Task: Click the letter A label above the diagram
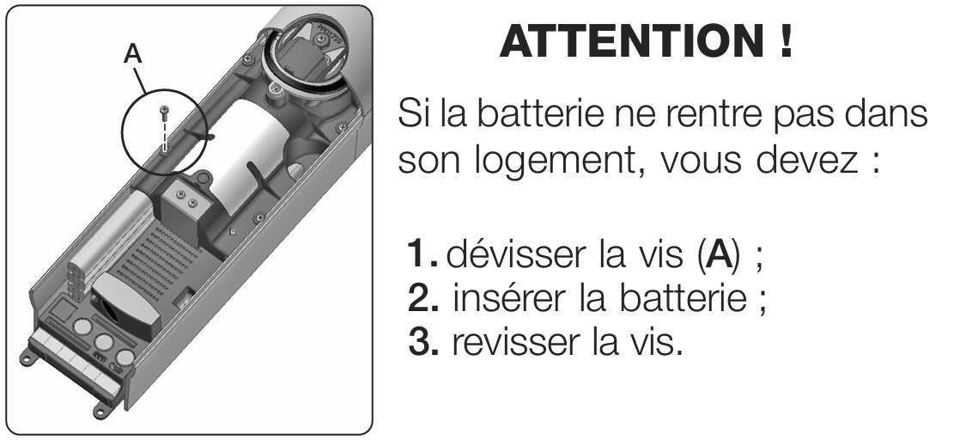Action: [132, 54]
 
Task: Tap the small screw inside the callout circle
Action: [163, 111]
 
